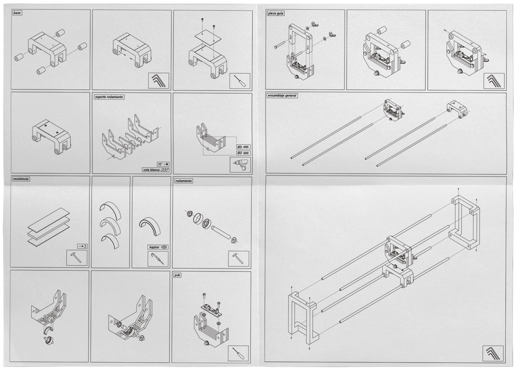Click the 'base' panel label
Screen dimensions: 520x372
pyautogui.click(x=17, y=13)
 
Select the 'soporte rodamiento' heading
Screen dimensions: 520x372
pyautogui.click(x=109, y=97)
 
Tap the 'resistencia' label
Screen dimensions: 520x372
pyautogui.click(x=21, y=179)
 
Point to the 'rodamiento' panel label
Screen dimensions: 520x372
pyautogui.click(x=184, y=181)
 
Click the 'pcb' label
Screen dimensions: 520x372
pyautogui.click(x=178, y=275)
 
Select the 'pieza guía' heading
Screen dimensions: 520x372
pyautogui.click(x=276, y=14)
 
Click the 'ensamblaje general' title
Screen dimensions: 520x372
pyautogui.click(x=282, y=96)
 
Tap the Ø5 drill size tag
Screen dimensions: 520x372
pyautogui.click(x=243, y=147)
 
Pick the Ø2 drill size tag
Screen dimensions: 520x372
pyautogui.click(x=243, y=153)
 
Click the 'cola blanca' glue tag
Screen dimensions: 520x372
pyautogui.click(x=156, y=170)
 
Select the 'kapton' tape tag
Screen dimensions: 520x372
pyautogui.click(x=158, y=247)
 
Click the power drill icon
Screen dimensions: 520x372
pyautogui.click(x=240, y=165)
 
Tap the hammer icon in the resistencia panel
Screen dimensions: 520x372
pyautogui.click(x=77, y=258)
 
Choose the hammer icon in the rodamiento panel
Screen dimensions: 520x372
pyautogui.click(x=239, y=259)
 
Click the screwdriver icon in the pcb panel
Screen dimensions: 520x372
pyautogui.click(x=238, y=354)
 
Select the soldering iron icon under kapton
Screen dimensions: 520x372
pyautogui.click(x=158, y=259)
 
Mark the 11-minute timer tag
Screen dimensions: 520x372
pyautogui.click(x=164, y=164)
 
